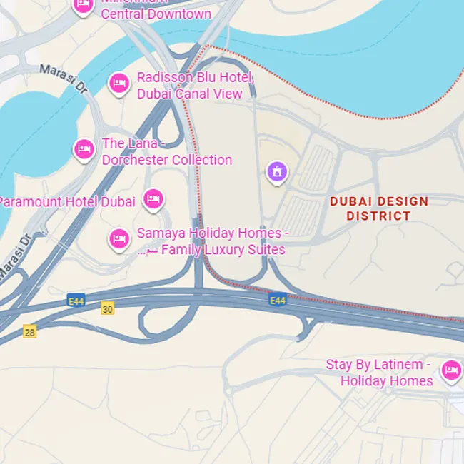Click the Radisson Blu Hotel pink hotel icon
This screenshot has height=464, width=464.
coord(119,83)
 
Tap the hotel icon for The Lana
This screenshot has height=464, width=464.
coord(84,149)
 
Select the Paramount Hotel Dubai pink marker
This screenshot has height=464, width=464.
coord(153,199)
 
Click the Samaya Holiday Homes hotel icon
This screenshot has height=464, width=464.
coord(119,238)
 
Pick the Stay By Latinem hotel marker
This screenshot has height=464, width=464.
coord(450,370)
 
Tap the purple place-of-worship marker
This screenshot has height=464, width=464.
coord(277,171)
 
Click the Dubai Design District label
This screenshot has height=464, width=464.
coord(379,208)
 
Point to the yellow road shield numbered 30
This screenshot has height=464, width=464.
coord(107,309)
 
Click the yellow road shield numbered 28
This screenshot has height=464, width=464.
coord(29,331)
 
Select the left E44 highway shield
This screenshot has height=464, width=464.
coord(76,301)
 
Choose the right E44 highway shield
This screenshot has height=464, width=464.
coord(278,301)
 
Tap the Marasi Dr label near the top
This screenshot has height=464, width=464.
coord(62,78)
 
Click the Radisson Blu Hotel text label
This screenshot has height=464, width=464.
coord(193,78)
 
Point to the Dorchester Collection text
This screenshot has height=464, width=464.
coord(167,160)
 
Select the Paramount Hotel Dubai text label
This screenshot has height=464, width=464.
coord(67,201)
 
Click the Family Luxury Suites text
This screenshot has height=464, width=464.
coord(223,250)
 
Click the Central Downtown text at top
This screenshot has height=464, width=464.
coord(156,14)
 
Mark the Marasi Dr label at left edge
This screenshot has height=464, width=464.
coord(16,254)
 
